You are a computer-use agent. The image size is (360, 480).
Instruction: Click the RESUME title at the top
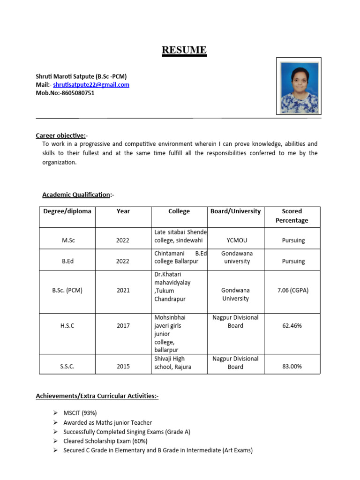tap(184, 50)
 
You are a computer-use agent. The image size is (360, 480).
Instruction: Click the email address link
tap(91, 85)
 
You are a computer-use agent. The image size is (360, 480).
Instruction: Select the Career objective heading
tap(60, 135)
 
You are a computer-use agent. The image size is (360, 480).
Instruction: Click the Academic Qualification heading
tap(77, 195)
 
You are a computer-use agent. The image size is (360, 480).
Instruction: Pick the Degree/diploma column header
tap(67, 211)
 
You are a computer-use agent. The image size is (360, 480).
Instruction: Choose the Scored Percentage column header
tap(292, 216)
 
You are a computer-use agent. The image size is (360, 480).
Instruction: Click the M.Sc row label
tap(68, 240)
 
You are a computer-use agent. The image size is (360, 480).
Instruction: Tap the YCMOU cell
tap(237, 240)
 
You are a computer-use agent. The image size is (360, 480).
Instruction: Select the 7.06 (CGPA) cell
tap(293, 290)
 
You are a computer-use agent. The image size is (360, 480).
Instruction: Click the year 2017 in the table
tap(123, 326)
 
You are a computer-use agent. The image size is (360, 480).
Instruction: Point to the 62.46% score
tap(292, 326)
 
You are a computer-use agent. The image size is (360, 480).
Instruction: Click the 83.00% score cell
tap(292, 367)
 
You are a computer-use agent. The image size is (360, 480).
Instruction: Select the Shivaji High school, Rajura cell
tap(172, 363)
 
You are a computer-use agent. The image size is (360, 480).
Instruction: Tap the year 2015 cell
tap(123, 367)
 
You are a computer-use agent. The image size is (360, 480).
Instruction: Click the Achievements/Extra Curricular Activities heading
tap(97, 397)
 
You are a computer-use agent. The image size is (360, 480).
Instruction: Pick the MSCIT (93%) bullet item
tap(80, 413)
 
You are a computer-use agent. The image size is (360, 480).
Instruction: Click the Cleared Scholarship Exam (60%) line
tap(105, 441)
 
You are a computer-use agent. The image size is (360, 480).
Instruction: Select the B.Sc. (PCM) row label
tap(67, 290)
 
